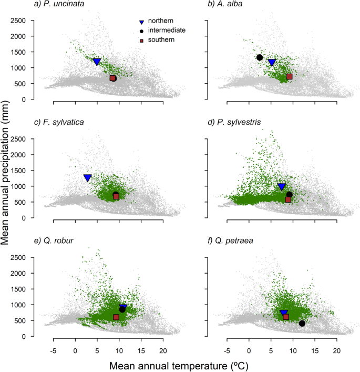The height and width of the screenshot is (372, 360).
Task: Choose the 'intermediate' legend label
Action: [x=167, y=31]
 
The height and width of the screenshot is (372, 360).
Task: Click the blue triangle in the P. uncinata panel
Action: [x=97, y=62]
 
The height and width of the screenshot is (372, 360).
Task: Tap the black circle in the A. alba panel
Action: [x=260, y=57]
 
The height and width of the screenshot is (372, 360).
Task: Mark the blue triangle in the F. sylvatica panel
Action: [x=88, y=178]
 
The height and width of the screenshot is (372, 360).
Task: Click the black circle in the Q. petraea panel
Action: [x=302, y=323]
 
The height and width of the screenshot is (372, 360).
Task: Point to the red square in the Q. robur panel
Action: [x=116, y=317]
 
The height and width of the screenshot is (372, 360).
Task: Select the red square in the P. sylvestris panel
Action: [x=288, y=199]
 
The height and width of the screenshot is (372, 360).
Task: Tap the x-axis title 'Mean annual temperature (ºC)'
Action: [x=179, y=363]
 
